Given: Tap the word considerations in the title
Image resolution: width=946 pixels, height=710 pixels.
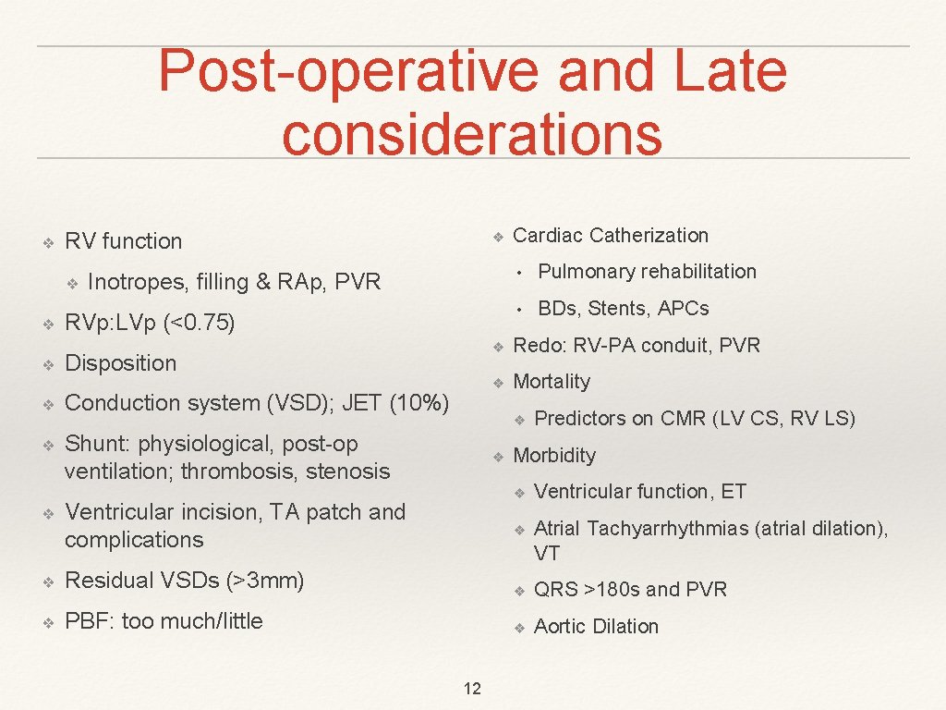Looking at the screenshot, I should (472, 132).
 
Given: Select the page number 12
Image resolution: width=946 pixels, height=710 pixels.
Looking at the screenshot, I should (472, 689).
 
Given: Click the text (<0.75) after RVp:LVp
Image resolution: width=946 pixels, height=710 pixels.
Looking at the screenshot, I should (199, 323).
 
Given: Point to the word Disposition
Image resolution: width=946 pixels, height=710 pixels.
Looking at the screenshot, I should (120, 363).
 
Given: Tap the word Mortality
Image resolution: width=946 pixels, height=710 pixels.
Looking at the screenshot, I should (551, 382).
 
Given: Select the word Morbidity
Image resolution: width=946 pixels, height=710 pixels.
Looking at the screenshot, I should (554, 456).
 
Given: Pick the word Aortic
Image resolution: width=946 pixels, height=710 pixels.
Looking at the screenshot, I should (561, 627).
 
